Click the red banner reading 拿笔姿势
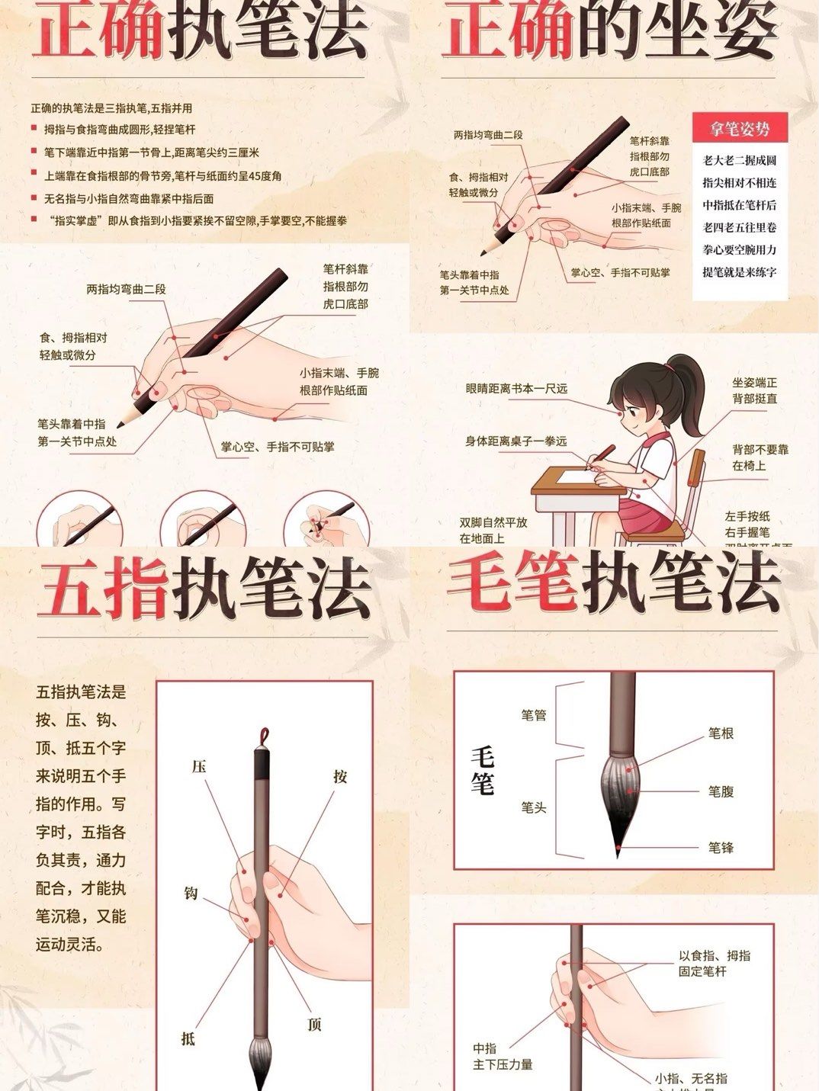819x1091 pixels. click(740, 129)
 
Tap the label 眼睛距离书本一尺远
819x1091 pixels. click(516, 389)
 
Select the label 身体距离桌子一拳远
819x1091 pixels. click(516, 441)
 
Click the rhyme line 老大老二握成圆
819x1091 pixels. click(739, 161)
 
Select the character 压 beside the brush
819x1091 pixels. click(199, 767)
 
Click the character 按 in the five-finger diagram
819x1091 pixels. click(340, 776)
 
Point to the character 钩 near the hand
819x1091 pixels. click(191, 893)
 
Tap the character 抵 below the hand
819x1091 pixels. click(188, 1038)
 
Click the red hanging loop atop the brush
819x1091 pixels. click(264, 736)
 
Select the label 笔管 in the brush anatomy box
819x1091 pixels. click(533, 716)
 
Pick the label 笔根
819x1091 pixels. click(721, 733)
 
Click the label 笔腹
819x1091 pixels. click(721, 791)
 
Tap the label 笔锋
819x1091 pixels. click(721, 847)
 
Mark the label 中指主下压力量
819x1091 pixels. click(502, 1057)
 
